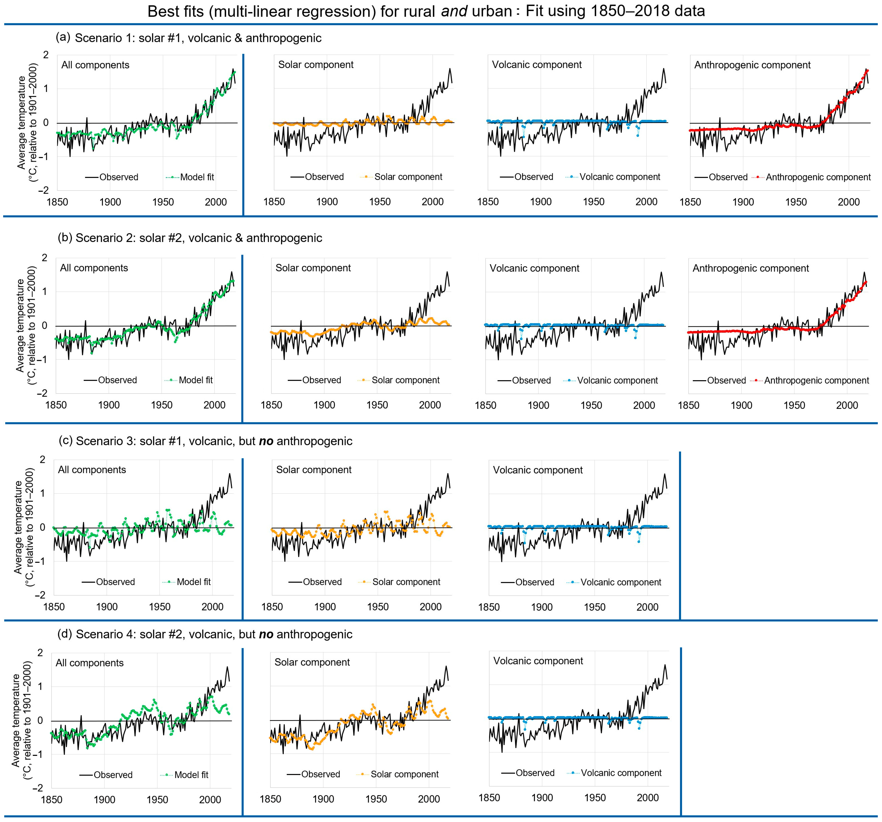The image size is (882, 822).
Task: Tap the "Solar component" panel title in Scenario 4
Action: (312, 662)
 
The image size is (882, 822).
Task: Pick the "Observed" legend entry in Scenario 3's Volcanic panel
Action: (534, 582)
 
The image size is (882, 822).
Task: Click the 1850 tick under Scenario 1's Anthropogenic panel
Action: (690, 202)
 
